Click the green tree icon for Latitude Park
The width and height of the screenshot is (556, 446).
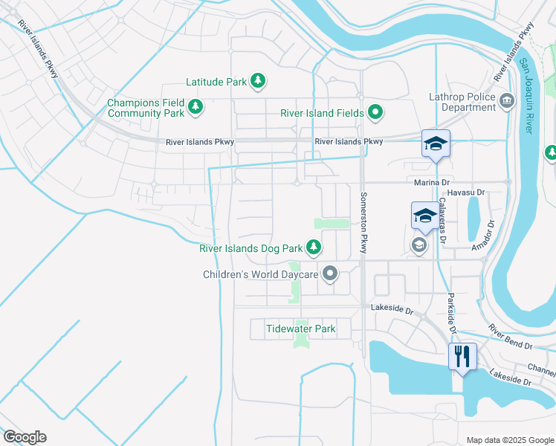tap(257, 81)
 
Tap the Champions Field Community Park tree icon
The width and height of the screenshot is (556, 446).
tap(195, 108)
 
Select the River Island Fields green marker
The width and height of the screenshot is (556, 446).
tap(376, 113)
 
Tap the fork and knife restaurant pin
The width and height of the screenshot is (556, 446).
tap(462, 357)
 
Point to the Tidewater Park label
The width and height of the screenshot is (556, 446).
tap(301, 329)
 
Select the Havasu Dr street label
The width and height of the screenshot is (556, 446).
tap(468, 193)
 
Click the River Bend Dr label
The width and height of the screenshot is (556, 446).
tap(510, 337)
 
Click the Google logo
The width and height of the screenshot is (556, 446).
tap(25, 437)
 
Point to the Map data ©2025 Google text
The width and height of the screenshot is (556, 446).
tap(510, 440)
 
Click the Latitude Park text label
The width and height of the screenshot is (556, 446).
tap(216, 82)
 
